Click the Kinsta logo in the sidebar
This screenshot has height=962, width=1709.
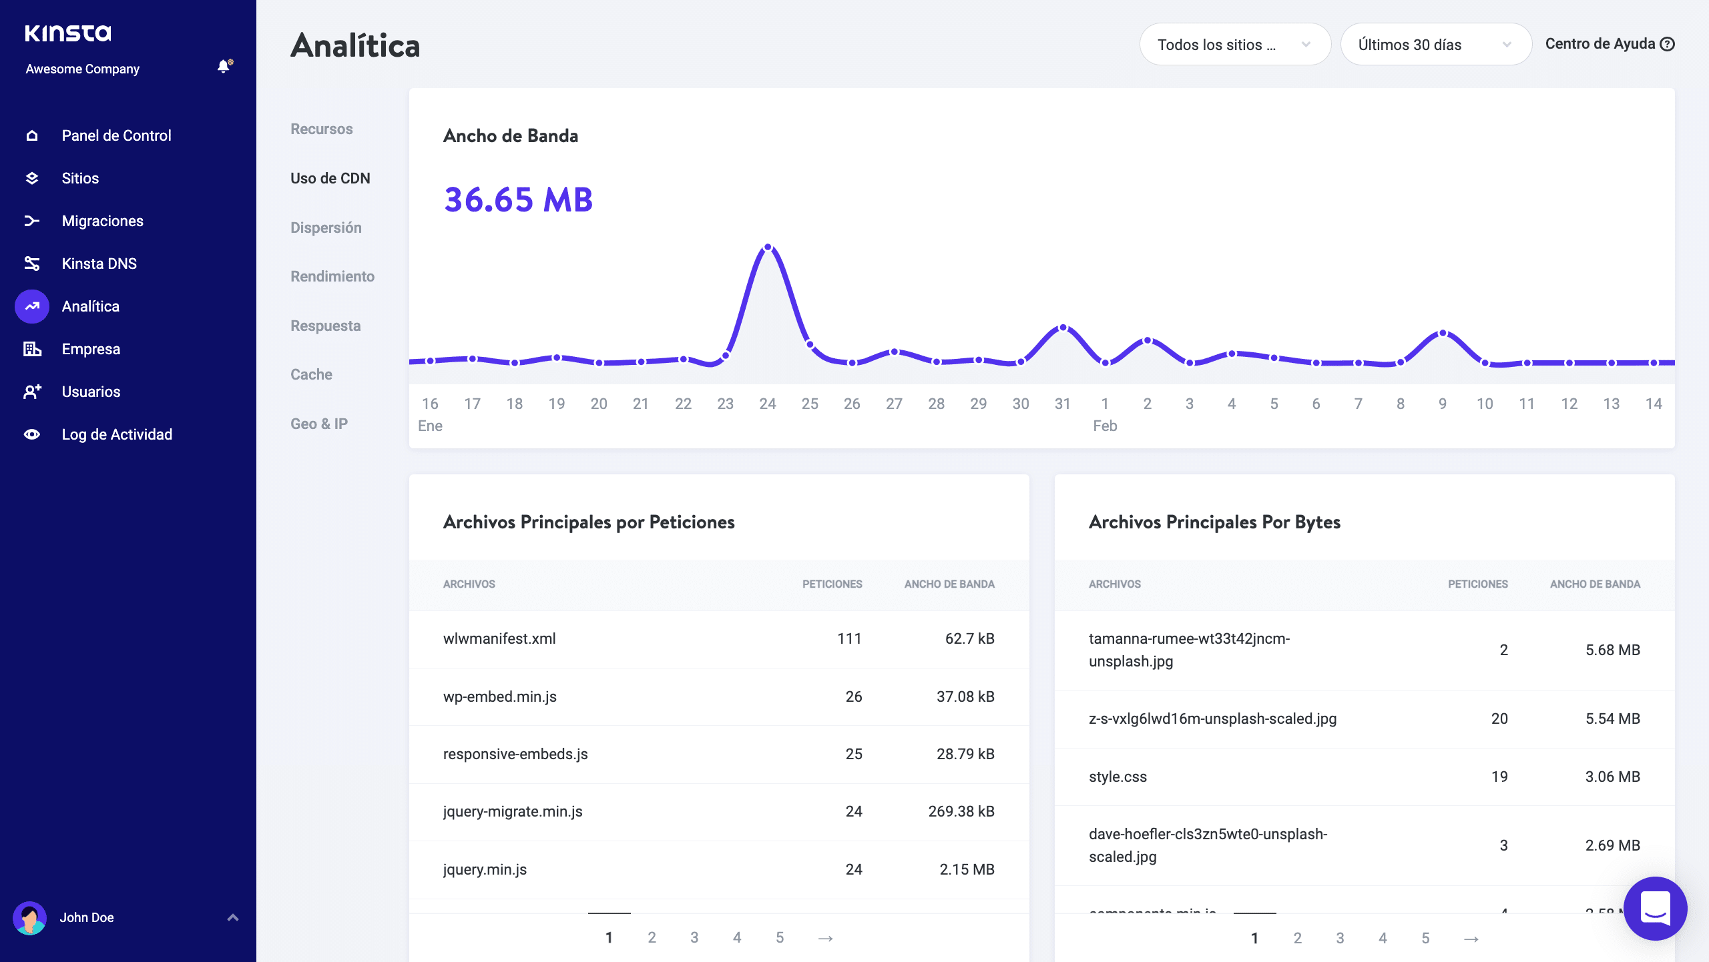(68, 33)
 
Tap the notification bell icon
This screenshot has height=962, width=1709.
(224, 67)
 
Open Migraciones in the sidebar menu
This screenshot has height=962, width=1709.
(102, 221)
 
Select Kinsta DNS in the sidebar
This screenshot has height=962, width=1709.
(99, 264)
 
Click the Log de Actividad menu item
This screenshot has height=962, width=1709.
(117, 434)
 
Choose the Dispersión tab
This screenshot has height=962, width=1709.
(326, 227)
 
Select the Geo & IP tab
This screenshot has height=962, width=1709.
(319, 424)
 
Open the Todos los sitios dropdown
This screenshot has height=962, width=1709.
(1234, 45)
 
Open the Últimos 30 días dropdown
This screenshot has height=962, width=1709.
(1435, 45)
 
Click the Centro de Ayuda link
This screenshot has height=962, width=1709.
(1609, 44)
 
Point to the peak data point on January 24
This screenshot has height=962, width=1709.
(768, 248)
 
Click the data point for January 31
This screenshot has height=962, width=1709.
(1063, 328)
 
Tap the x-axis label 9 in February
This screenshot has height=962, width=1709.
(1443, 404)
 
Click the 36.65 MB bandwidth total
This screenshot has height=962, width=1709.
(519, 199)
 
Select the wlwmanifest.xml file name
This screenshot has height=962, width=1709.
(499, 638)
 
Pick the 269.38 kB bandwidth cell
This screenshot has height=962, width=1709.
(961, 811)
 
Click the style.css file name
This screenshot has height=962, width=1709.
(1118, 777)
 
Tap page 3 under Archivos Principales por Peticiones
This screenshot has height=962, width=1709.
(694, 937)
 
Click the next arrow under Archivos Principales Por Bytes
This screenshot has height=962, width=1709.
(1471, 939)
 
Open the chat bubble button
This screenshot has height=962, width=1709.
(1655, 908)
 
